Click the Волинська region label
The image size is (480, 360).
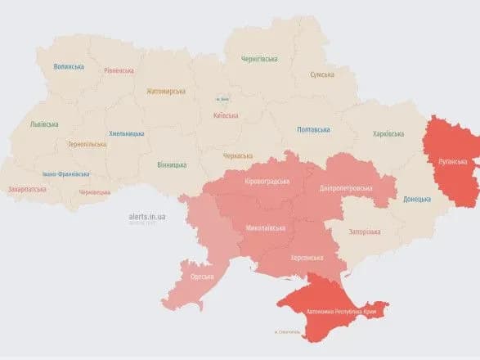coord(69,66)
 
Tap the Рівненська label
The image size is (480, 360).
coord(119,70)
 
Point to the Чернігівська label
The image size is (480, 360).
coord(259,59)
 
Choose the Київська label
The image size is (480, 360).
coord(225,116)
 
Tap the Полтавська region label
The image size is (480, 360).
coord(313,129)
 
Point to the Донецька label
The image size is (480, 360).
coord(417,199)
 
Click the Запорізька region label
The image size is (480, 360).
coord(365,232)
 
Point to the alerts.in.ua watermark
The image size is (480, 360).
coord(147,217)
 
